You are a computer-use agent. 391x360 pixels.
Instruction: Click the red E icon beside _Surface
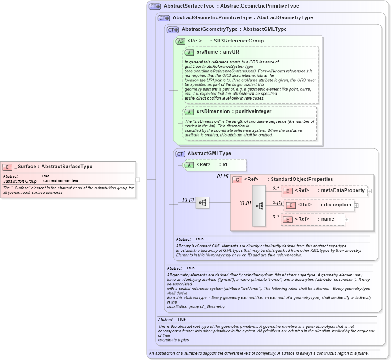coord(7,167)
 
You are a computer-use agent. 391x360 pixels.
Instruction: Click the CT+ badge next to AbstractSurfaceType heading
coord(155,6)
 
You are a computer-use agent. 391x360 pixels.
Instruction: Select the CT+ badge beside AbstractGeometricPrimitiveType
coord(164,18)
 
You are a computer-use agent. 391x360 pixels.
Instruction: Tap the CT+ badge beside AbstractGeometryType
coord(173,29)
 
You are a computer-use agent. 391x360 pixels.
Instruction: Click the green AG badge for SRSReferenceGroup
coord(181,41)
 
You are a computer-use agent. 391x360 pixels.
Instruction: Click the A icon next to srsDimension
coord(189,112)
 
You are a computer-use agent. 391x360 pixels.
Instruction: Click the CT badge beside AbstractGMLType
coord(180,154)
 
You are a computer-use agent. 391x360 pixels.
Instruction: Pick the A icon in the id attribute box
coord(189,165)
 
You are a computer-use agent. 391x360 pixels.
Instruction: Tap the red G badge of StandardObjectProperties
coord(237,180)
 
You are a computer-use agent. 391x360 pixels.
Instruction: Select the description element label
coord(338,205)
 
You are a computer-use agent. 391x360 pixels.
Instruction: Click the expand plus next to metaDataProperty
coord(370,191)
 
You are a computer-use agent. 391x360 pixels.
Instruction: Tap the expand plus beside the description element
coord(357,205)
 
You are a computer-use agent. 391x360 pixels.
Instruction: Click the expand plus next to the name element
coord(347,220)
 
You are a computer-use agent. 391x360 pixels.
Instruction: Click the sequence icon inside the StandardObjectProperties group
coord(259,206)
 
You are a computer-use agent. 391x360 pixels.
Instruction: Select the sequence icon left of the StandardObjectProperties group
coord(202,203)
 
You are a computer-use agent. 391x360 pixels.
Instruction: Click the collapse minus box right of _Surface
coord(138,180)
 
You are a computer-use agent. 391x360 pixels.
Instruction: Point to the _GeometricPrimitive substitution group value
coord(59,181)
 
